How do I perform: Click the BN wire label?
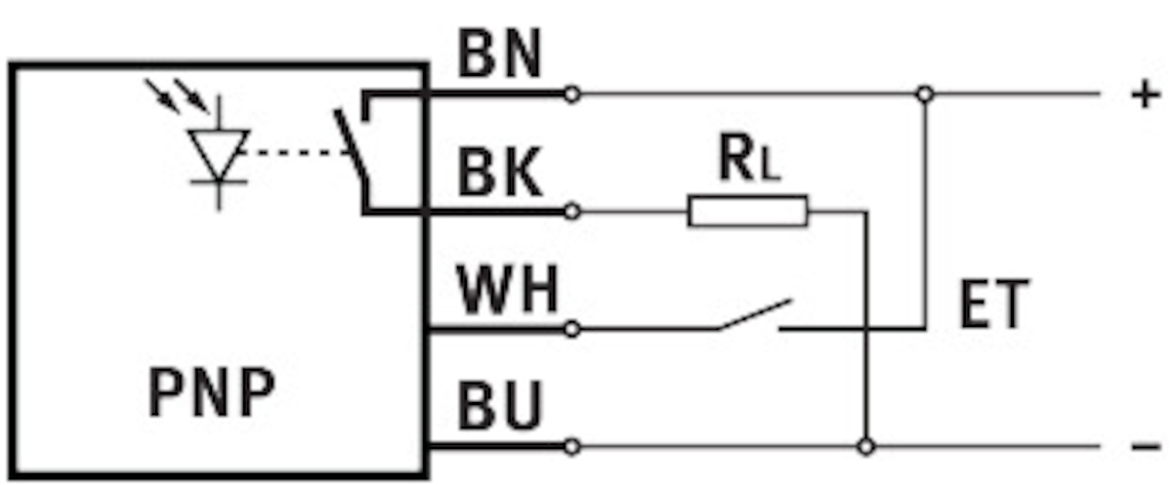[499, 59]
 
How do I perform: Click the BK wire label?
[499, 176]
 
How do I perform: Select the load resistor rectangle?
[748, 211]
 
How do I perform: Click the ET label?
[993, 307]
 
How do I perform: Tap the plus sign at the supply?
[1144, 95]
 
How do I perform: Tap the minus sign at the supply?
[1144, 447]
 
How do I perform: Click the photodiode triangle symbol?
[219, 152]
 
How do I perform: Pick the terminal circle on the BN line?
[572, 95]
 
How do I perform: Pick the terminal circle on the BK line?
[572, 211]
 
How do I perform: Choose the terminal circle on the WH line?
[572, 329]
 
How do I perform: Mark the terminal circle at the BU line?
[572, 447]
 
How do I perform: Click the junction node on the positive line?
[924, 95]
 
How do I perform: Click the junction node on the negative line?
[864, 447]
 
